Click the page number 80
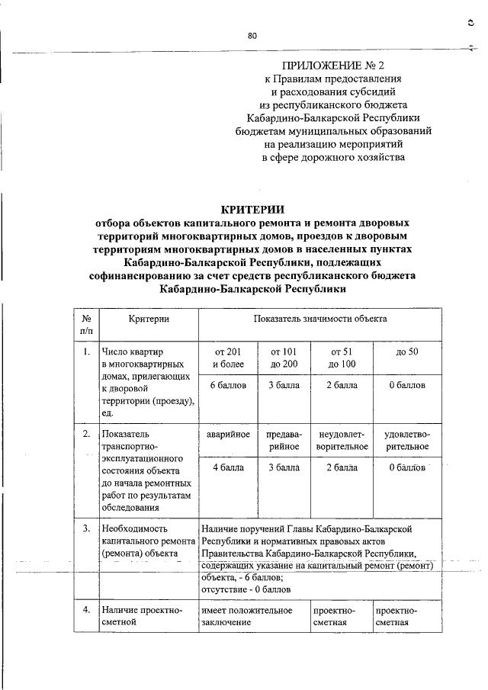click(252, 35)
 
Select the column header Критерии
click(148, 318)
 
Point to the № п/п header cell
click(86, 324)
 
